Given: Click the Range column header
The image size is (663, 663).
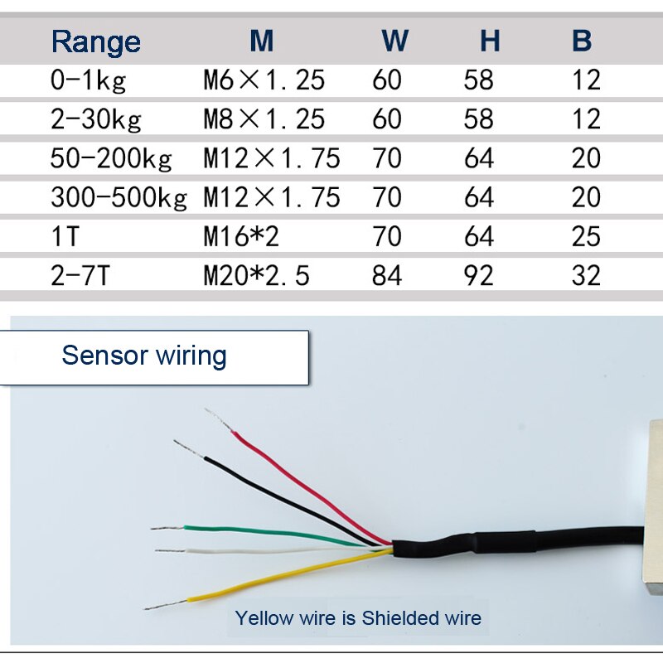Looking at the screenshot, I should click(96, 41).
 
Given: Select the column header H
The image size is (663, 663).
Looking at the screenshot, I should click(490, 41).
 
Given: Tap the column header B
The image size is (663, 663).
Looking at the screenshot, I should click(583, 41).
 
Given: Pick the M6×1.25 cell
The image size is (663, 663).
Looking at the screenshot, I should click(264, 80).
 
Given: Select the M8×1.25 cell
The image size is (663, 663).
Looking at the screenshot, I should click(264, 119).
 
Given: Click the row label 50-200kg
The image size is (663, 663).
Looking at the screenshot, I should click(111, 158).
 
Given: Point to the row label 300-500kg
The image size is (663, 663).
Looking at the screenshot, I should click(119, 197).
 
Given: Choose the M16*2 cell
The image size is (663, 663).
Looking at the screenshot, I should click(241, 237).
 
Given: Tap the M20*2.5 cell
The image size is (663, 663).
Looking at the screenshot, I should click(256, 276).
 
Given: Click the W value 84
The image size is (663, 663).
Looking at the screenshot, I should click(387, 276).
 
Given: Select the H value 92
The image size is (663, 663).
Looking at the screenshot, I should click(478, 276).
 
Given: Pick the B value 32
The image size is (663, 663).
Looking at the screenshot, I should click(586, 276).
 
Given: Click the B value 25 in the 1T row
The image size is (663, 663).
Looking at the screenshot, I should click(586, 237).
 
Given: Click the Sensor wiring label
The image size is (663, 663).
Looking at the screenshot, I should click(144, 356).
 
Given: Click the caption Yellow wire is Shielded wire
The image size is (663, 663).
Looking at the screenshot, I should click(358, 617).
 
